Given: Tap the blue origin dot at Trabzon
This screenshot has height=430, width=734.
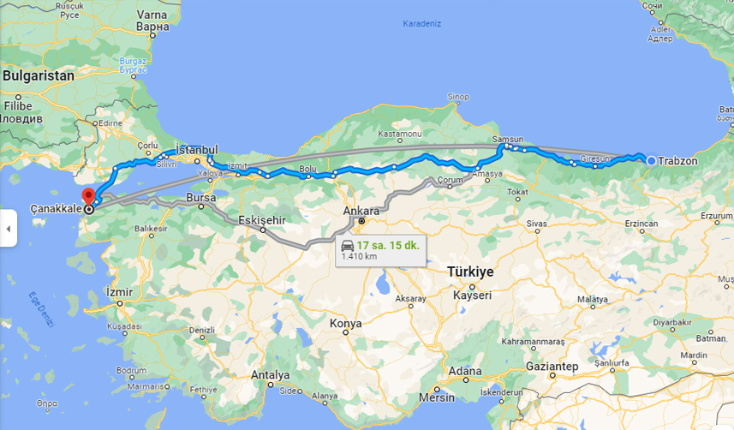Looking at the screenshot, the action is (x=652, y=161).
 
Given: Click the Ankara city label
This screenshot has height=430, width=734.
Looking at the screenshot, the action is (x=361, y=210).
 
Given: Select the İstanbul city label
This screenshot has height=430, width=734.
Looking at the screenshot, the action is (x=197, y=150).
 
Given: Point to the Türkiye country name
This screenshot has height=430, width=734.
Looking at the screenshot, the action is (x=470, y=272).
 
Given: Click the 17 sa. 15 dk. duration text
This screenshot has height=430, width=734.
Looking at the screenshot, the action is (x=388, y=245).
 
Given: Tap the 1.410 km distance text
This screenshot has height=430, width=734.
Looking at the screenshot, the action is (x=360, y=256).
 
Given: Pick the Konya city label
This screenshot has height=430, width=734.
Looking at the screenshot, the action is (x=346, y=324).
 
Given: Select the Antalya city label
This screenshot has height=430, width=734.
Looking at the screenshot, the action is (x=271, y=375).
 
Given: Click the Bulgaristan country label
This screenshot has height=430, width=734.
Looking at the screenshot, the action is (x=39, y=75).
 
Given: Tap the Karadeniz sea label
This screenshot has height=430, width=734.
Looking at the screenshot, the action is (x=421, y=23).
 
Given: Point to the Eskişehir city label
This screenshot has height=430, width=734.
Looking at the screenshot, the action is (x=261, y=219).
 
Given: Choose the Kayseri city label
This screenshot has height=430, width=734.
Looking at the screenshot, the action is (x=473, y=295).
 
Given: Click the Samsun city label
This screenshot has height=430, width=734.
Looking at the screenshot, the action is (x=507, y=139).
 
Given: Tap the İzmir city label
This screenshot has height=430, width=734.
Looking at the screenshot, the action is (x=119, y=292).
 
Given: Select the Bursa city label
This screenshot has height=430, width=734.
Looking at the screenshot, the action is (x=200, y=198).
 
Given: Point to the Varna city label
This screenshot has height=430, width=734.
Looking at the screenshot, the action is (x=152, y=15).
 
